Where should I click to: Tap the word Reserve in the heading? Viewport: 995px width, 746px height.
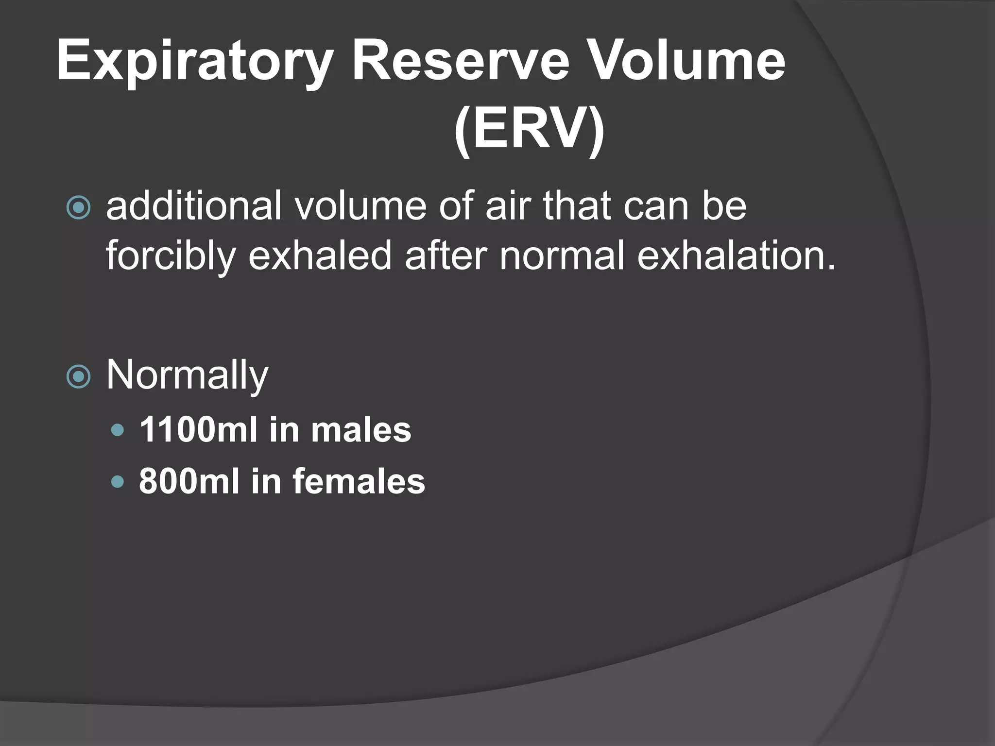[x=460, y=62]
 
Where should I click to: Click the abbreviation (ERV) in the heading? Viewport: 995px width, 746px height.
[x=529, y=130]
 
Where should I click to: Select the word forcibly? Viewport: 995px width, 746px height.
[x=171, y=255]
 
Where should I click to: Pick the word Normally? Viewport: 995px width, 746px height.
[x=187, y=375]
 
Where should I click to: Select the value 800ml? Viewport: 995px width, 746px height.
[x=189, y=481]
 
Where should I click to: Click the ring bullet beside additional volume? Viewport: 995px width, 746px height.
[x=78, y=208]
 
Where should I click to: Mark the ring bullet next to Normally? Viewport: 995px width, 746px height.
[x=78, y=377]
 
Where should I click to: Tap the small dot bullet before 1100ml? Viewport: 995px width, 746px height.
[x=118, y=430]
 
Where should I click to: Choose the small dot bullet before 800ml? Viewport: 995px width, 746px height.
[x=118, y=482]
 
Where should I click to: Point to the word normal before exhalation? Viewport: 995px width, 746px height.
[x=562, y=255]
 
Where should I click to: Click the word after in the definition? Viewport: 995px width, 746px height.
[x=446, y=255]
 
